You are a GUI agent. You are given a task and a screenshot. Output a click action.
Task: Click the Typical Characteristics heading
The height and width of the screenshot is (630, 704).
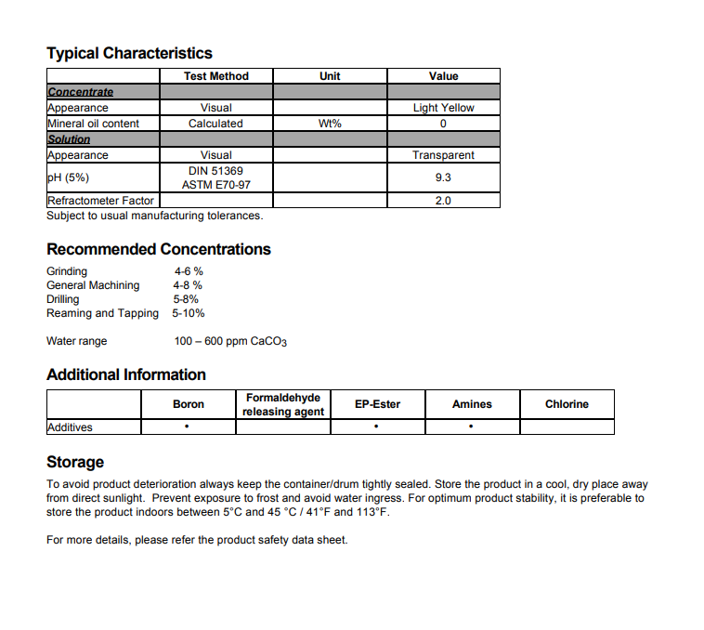[x=129, y=53]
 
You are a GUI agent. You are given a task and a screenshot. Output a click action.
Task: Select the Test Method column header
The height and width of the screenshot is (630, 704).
[x=215, y=76]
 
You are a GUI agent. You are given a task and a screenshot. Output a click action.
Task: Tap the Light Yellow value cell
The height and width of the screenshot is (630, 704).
[x=443, y=108]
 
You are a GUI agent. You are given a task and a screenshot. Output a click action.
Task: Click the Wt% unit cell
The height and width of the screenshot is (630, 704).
[x=330, y=124]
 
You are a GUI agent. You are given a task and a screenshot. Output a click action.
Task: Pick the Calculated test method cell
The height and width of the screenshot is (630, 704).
[x=215, y=124]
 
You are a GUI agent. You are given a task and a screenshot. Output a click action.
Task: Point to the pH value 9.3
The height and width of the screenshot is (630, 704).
[x=443, y=177]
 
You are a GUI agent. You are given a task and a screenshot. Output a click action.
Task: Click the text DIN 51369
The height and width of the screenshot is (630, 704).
[x=215, y=171]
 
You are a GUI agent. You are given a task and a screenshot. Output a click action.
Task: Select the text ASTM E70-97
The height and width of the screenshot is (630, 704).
[x=215, y=185]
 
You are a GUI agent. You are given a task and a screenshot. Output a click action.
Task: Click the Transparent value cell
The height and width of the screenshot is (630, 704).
[x=443, y=155]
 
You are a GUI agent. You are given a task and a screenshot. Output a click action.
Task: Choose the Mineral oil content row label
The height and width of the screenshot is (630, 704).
[x=93, y=124]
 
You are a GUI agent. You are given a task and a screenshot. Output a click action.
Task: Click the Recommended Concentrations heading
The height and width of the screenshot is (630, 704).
[x=159, y=249]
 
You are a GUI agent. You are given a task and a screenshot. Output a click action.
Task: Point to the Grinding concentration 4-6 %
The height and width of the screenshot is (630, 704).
[x=189, y=271]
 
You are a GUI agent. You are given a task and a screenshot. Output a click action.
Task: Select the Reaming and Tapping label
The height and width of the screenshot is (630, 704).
[x=102, y=313]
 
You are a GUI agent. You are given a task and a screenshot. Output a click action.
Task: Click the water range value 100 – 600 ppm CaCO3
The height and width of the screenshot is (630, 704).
[x=230, y=341]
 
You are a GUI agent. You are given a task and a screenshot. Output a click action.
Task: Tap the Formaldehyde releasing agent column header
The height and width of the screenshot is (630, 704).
[x=282, y=404]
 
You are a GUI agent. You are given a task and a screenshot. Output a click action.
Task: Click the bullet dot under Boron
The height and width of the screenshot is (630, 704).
[x=188, y=427]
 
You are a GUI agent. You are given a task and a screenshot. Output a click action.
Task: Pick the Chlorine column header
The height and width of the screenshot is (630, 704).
[x=567, y=404]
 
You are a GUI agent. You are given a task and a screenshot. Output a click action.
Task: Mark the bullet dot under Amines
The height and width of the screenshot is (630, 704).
[x=472, y=427]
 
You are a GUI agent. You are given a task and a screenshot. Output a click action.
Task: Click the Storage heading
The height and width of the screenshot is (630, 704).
[x=75, y=462]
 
